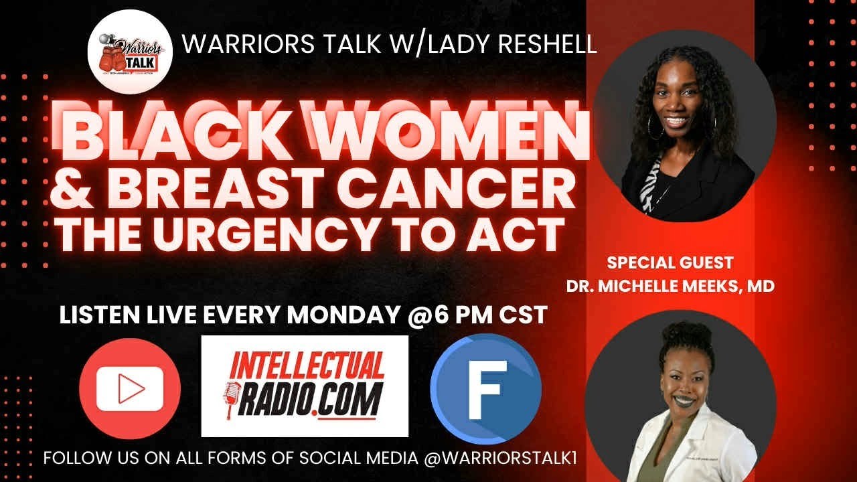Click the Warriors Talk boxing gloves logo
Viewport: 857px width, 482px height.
tap(131, 55)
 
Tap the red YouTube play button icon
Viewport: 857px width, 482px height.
tap(130, 388)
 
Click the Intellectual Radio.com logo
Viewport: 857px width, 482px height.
tap(305, 386)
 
